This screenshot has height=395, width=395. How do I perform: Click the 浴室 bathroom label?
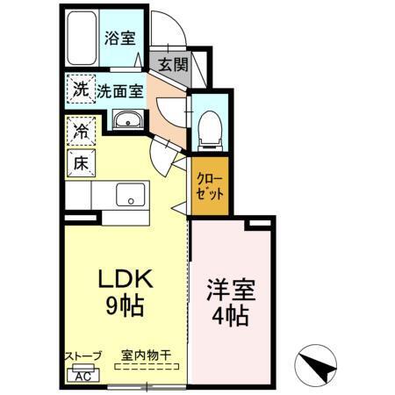[119, 38]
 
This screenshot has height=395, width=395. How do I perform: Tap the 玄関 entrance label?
[173, 64]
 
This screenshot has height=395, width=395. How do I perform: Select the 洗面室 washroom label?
[119, 90]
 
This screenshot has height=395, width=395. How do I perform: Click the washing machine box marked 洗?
[80, 89]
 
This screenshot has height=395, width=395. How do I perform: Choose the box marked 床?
[80, 162]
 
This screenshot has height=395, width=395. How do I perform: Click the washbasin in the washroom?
[128, 120]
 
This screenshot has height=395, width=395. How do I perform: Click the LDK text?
[126, 281]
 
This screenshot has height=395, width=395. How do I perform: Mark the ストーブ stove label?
[83, 356]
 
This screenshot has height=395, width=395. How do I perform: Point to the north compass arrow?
[319, 362]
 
